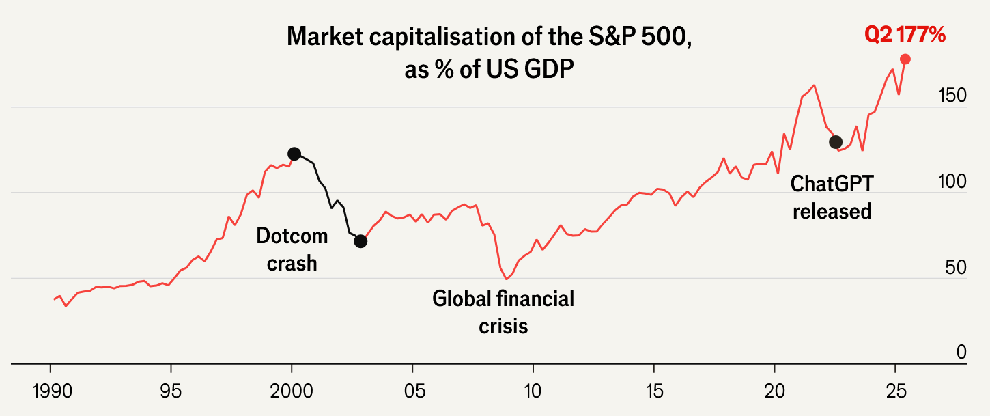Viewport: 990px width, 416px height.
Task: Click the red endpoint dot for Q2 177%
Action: pyautogui.click(x=905, y=59)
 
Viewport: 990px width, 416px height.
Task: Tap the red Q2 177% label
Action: pyautogui.click(x=905, y=34)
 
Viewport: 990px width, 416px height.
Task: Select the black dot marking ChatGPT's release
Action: pyautogui.click(x=835, y=142)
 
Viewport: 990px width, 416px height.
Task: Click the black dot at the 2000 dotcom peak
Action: pyautogui.click(x=294, y=154)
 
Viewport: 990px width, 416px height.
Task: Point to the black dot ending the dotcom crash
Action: pyautogui.click(x=360, y=241)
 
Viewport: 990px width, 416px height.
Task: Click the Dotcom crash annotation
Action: pyautogui.click(x=292, y=249)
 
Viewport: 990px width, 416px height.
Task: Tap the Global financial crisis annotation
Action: pyautogui.click(x=503, y=312)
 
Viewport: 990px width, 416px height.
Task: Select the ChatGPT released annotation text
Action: pyautogui.click(x=832, y=197)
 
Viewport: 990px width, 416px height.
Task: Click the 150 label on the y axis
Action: pyautogui.click(x=952, y=96)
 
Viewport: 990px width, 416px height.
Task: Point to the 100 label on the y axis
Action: pyautogui.click(x=952, y=182)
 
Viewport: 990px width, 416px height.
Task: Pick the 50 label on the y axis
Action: pyautogui.click(x=956, y=267)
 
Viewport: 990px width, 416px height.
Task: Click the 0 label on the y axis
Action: pyautogui.click(x=961, y=352)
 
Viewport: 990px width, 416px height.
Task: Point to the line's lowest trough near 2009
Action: pyautogui.click(x=507, y=279)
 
